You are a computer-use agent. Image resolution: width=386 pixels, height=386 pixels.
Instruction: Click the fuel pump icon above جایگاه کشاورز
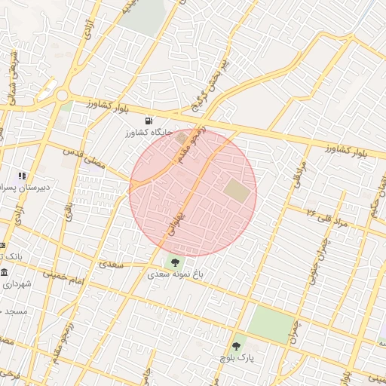point(147,121)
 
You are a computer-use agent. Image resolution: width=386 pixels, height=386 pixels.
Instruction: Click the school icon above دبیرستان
point(22,175)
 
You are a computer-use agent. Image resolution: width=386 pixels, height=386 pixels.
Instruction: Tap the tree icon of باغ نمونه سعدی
point(175,263)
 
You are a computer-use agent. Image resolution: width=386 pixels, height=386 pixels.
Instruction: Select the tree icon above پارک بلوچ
point(237,347)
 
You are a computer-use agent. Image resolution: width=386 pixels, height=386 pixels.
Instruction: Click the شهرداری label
point(17,285)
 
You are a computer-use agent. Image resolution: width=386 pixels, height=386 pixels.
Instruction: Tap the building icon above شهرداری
point(5,272)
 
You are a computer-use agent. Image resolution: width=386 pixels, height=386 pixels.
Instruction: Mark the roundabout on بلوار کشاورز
point(62,96)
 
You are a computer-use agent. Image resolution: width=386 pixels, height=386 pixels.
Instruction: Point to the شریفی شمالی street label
point(13,75)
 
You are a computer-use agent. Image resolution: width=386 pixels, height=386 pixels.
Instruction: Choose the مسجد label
point(15,310)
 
